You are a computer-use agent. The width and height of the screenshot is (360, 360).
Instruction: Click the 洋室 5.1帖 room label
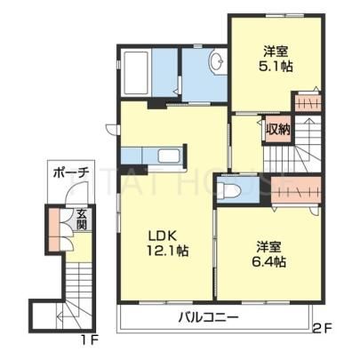[x=276, y=60]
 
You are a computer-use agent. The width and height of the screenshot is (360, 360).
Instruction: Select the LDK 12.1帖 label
[x=168, y=244]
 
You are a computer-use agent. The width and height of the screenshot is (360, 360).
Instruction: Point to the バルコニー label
[x=208, y=318]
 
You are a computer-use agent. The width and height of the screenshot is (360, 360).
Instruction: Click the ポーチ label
[x=71, y=173]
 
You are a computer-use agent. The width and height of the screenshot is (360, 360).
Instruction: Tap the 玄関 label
[x=81, y=220]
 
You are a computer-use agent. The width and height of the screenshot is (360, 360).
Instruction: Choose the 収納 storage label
[x=277, y=129]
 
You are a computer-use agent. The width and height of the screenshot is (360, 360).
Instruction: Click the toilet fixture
[x=228, y=189]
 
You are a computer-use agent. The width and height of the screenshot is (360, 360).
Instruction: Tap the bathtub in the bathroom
[x=137, y=74]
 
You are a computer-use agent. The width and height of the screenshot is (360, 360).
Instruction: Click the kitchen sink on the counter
[x=168, y=156]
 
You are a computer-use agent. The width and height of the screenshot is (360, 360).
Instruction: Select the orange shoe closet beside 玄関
[x=54, y=229]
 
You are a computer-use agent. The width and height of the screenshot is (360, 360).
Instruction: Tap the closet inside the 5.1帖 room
[x=308, y=102]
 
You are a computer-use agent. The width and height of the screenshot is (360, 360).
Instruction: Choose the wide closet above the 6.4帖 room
[x=296, y=189]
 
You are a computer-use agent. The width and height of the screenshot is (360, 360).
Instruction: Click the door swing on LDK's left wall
[x=111, y=130]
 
